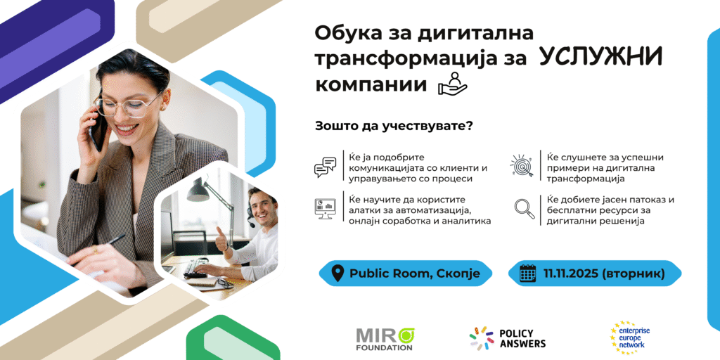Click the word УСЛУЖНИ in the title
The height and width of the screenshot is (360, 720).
click(x=600, y=58)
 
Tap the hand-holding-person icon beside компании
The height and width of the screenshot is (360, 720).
click(x=452, y=84)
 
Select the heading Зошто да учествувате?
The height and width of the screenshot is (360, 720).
click(x=394, y=127)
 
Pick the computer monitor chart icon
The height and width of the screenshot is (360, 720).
click(x=325, y=209)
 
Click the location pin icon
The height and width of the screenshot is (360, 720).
click(x=337, y=274)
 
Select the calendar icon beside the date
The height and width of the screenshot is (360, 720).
click(x=528, y=274)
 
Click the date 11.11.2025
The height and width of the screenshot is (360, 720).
click(x=570, y=274)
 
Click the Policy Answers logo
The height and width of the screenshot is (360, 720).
click(x=508, y=338)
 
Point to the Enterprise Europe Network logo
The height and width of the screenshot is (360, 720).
click(x=629, y=338)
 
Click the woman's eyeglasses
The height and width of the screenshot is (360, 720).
click(x=129, y=105)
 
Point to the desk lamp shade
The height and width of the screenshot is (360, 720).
click(x=198, y=190)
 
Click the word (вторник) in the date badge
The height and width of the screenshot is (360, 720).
click(x=632, y=274)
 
